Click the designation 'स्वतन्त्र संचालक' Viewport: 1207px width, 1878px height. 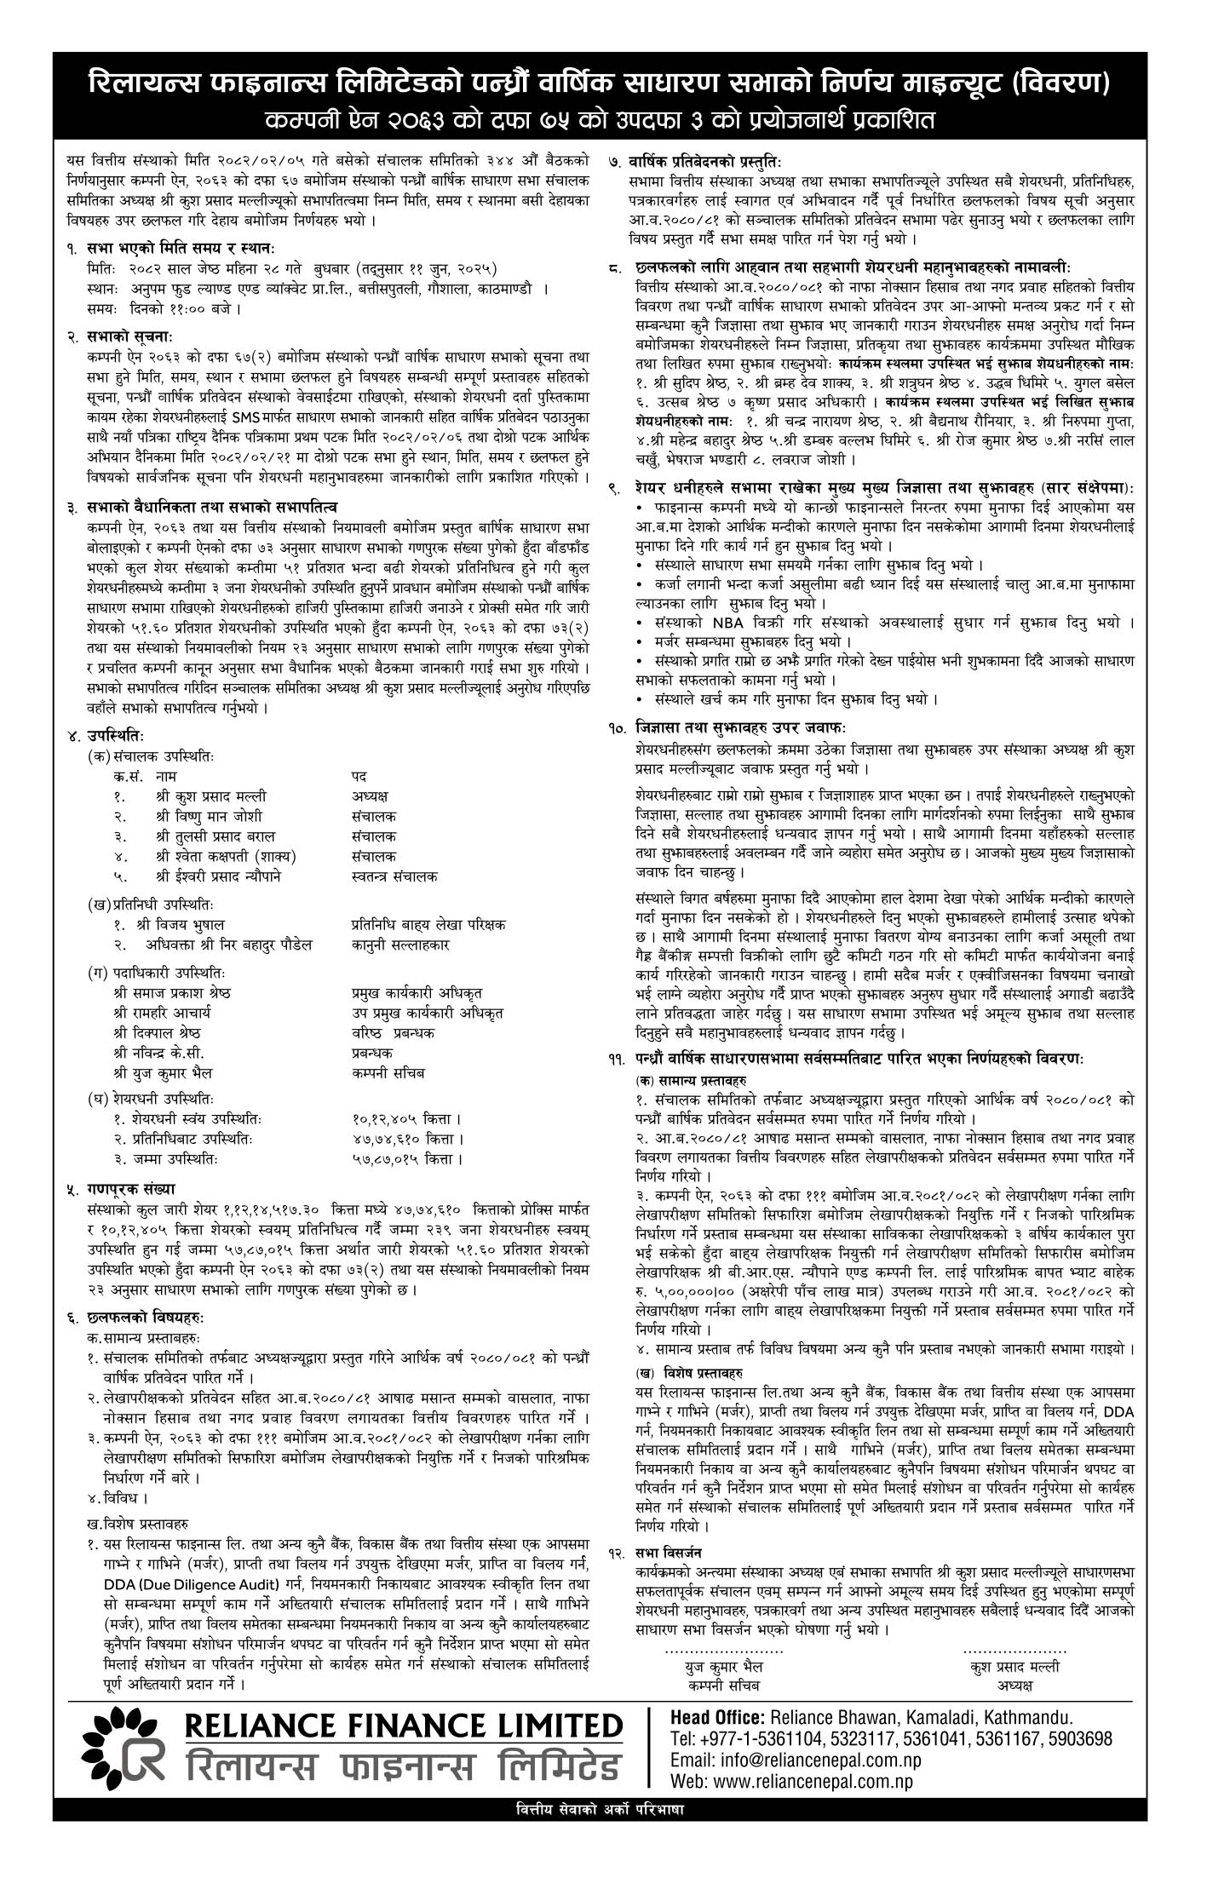coord(394,876)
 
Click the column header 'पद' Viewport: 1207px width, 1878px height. coord(359,776)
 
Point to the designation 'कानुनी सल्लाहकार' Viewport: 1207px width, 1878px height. coord(400,945)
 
